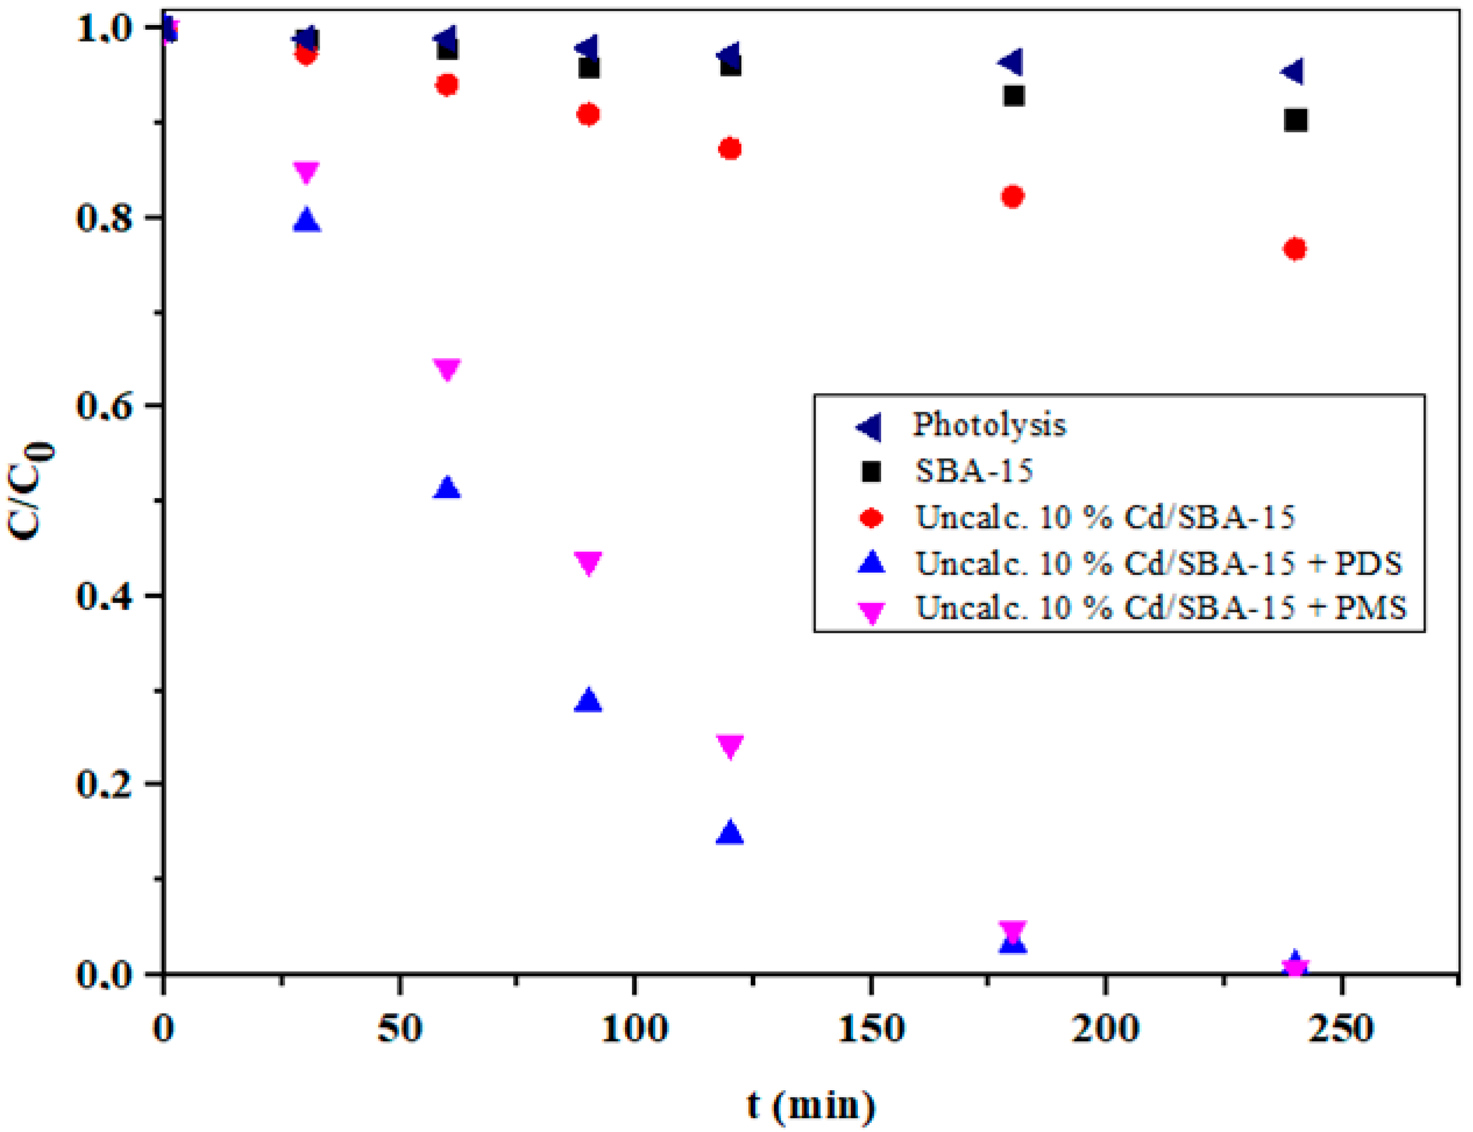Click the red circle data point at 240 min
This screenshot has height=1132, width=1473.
1295,249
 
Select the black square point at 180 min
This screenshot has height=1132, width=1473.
1013,95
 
